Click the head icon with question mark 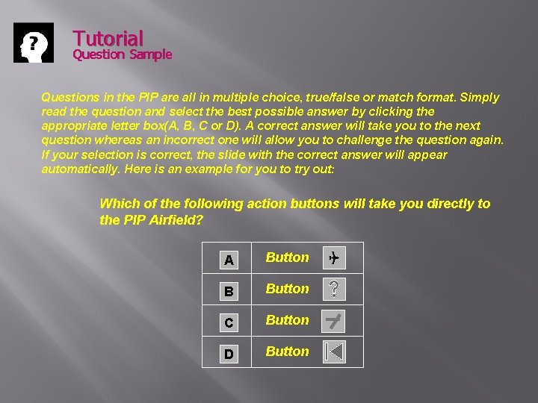pyautogui.click(x=34, y=43)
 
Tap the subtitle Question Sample pyautogui.click(x=122, y=54)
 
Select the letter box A pyautogui.click(x=229, y=260)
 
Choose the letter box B pyautogui.click(x=229, y=291)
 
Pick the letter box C pyautogui.click(x=229, y=322)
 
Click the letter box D pyautogui.click(x=229, y=354)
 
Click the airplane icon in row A pyautogui.click(x=333, y=258)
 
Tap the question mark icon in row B pyautogui.click(x=334, y=289)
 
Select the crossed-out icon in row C pyautogui.click(x=334, y=320)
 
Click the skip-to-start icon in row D pyautogui.click(x=334, y=352)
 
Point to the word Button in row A pyautogui.click(x=287, y=257)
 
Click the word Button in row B pyautogui.click(x=287, y=289)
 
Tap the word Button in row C pyautogui.click(x=287, y=320)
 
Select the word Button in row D pyautogui.click(x=287, y=352)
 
